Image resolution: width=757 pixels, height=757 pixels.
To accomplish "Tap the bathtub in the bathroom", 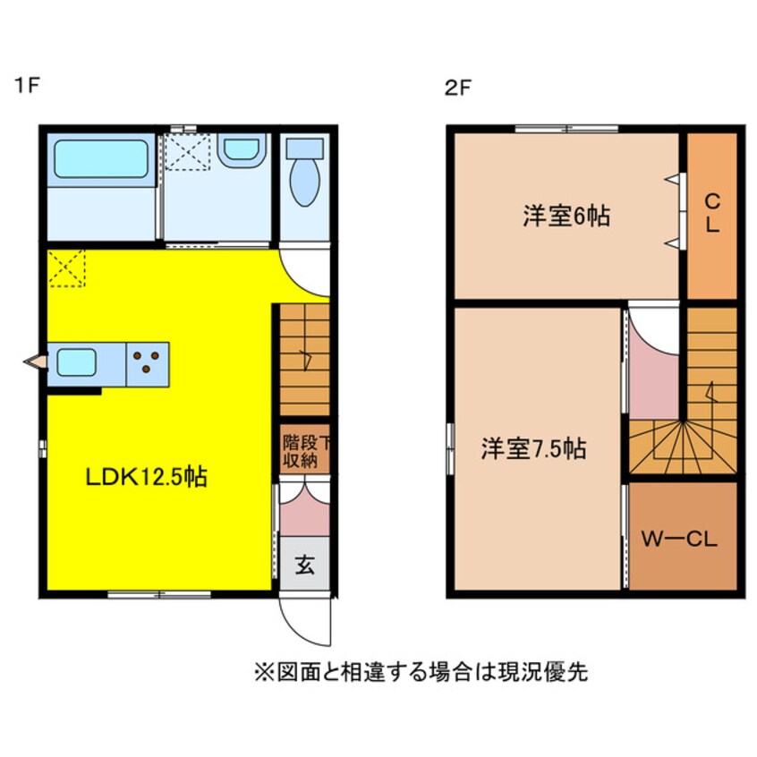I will (100, 158).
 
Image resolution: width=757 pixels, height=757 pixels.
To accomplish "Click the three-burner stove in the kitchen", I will (148, 363).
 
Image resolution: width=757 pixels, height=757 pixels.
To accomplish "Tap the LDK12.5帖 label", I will (146, 477).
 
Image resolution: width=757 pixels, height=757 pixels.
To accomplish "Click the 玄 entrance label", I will (304, 565).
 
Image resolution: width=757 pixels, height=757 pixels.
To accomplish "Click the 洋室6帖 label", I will (566, 216).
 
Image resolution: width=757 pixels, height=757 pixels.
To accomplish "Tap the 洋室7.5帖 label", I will (536, 447).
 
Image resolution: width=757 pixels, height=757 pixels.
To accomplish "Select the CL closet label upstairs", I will (711, 213).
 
